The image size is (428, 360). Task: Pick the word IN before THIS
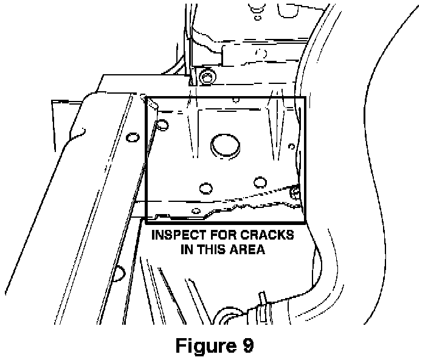click(187, 249)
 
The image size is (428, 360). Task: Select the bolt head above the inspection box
click(208, 77)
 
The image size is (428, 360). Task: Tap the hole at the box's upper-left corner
click(162, 126)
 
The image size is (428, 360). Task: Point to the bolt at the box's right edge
click(295, 192)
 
